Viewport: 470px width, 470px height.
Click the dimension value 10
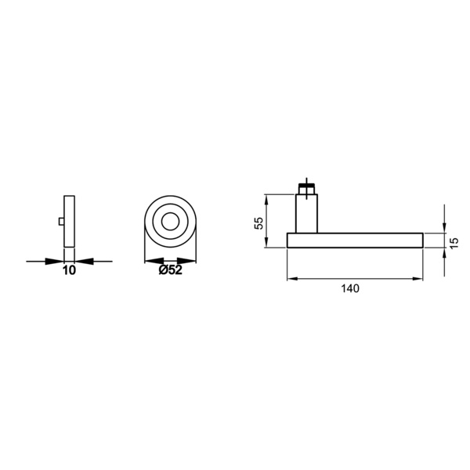[69, 270]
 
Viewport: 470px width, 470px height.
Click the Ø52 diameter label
[170, 270]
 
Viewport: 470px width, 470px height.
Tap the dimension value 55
[258, 222]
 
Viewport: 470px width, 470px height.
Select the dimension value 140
[350, 288]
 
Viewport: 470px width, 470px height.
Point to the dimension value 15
[454, 242]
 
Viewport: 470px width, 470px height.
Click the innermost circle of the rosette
[170, 222]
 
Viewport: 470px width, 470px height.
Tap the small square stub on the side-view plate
[61, 222]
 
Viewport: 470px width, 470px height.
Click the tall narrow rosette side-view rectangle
[69, 222]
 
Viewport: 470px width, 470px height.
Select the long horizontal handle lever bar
[355, 240]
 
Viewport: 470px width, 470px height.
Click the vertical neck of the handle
[306, 213]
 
